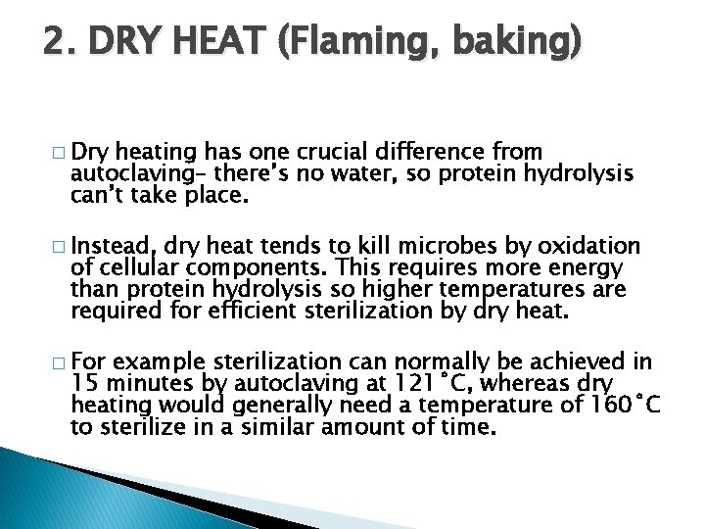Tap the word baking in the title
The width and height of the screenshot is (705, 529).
[519, 43]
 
